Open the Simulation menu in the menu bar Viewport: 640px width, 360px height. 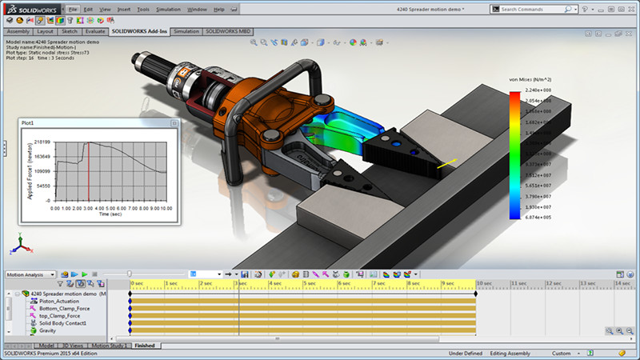click(x=167, y=9)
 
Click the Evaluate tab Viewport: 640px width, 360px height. click(x=95, y=31)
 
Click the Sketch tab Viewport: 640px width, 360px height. click(x=69, y=31)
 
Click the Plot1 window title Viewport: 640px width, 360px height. click(x=28, y=123)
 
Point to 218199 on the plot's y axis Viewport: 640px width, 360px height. click(x=42, y=141)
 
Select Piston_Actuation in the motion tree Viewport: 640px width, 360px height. click(x=59, y=301)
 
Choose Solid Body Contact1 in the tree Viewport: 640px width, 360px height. click(x=62, y=323)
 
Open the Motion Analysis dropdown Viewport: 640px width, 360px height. click(x=30, y=274)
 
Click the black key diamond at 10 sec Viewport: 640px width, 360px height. click(x=477, y=294)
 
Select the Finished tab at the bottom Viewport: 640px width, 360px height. click(x=145, y=346)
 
